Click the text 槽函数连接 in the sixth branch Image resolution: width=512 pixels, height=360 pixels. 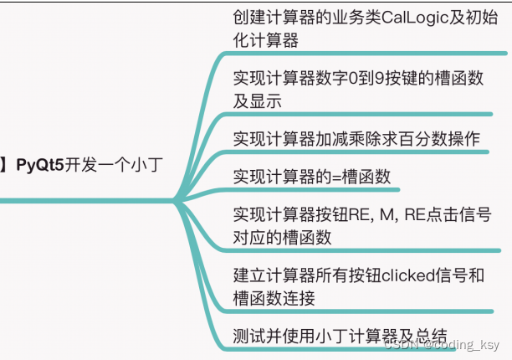(274, 298)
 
